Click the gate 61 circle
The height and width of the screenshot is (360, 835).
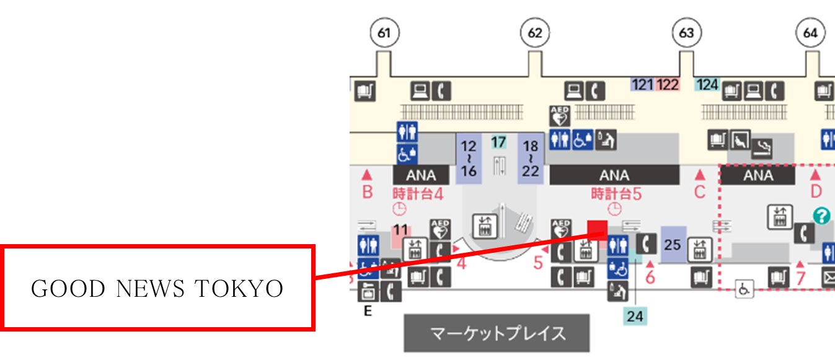point(384,33)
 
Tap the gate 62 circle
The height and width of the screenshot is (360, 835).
point(534,33)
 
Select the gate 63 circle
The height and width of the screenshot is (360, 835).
point(686,33)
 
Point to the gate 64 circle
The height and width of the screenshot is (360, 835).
point(810,33)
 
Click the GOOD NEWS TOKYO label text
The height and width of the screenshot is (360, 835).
point(157,289)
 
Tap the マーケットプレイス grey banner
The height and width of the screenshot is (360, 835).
point(497,333)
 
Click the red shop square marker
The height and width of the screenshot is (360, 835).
point(597,229)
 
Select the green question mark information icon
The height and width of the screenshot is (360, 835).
point(821,216)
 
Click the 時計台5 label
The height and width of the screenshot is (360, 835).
point(616,194)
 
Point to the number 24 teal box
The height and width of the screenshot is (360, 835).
point(635,317)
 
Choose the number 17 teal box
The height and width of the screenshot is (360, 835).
point(498,143)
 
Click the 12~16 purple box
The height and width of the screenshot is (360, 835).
point(469,159)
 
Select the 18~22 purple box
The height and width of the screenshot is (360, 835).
point(530,159)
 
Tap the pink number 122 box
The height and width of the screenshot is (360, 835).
point(668,84)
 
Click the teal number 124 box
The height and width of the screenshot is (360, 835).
point(707,84)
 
